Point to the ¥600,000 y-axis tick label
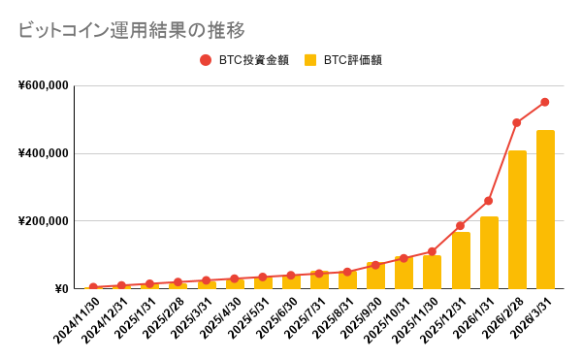[43, 85]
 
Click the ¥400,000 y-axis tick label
[43, 153]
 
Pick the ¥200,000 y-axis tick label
[43, 221]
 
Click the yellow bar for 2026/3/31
[545, 210]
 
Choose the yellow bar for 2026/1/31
[489, 253]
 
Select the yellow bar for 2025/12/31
[461, 261]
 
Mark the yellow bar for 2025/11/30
[433, 273]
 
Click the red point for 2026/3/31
[545, 102]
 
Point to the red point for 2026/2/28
[517, 123]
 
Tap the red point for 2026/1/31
[489, 201]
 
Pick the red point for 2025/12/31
[461, 226]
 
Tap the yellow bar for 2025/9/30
[375, 276]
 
